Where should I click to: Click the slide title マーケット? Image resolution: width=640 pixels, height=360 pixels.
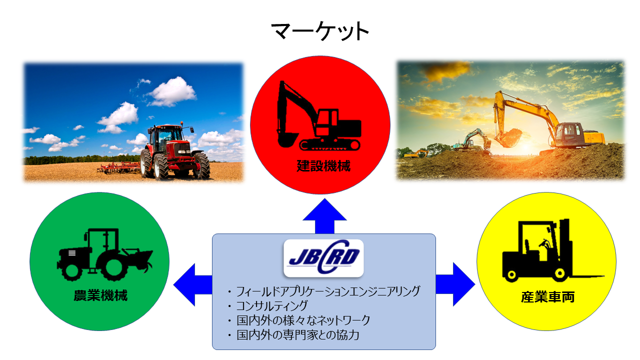(320, 31)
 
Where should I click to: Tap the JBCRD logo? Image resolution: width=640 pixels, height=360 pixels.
(323, 258)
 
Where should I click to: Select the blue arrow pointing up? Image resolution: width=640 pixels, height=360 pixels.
(324, 216)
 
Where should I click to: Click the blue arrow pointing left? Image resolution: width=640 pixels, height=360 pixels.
(193, 285)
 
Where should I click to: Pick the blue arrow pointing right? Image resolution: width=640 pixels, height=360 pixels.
(455, 284)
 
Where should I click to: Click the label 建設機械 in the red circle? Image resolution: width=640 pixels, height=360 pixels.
(323, 166)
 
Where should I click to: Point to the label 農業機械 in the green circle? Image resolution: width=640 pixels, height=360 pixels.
(100, 295)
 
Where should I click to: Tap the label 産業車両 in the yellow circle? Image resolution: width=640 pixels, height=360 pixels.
(547, 297)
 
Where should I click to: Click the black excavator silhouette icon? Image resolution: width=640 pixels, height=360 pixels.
(318, 115)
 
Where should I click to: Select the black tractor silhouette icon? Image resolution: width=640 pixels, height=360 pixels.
(104, 254)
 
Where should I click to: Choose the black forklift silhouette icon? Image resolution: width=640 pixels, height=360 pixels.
(553, 250)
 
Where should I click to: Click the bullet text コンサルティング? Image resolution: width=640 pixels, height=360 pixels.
(271, 305)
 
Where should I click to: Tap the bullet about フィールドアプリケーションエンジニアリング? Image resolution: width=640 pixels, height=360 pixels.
(328, 291)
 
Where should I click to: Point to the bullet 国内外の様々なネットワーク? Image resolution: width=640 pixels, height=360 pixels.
(303, 320)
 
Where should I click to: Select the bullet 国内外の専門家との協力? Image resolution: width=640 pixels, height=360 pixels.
(297, 335)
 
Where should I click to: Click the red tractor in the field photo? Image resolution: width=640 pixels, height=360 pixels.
(175, 151)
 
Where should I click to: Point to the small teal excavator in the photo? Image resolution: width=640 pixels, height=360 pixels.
(471, 140)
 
